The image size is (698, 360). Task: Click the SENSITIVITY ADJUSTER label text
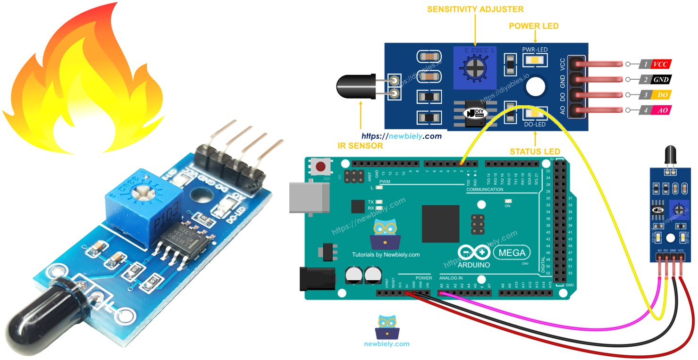[x=475, y=9]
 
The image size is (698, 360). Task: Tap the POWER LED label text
[x=534, y=26]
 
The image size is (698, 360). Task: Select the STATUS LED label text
[x=535, y=151]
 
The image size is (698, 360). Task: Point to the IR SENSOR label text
[x=361, y=146]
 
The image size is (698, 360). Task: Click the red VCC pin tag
[x=660, y=64]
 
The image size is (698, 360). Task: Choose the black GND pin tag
[x=660, y=79]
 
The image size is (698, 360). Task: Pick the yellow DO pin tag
[x=661, y=95]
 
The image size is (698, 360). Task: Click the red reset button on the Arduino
[x=321, y=167]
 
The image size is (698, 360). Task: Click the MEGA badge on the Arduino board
[x=512, y=252]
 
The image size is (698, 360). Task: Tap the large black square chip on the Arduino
[x=440, y=223]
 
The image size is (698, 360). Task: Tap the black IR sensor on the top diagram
[x=354, y=87]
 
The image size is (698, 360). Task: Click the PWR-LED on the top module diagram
[x=535, y=60]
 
